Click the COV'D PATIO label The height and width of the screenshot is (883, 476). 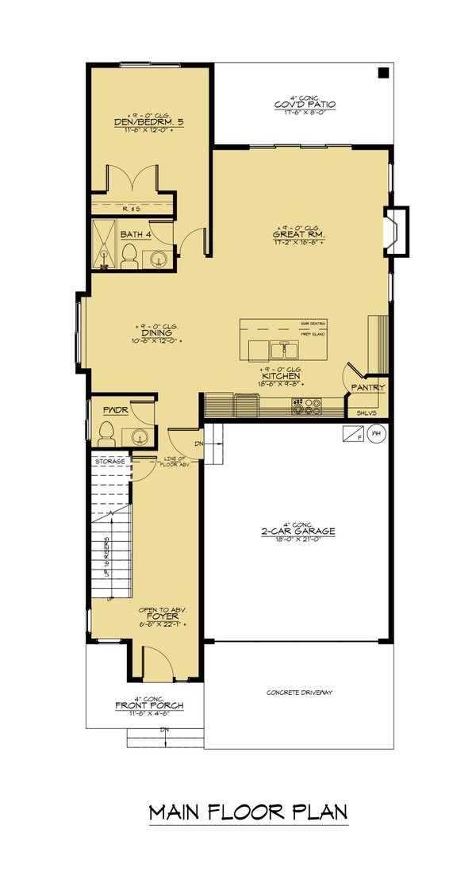point(304,104)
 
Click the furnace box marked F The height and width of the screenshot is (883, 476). point(353,434)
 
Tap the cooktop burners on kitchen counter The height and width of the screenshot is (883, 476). point(306,406)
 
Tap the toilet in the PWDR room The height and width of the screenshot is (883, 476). point(106,434)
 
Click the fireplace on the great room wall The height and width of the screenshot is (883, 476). point(396,230)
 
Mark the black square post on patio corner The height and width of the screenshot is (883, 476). point(383,73)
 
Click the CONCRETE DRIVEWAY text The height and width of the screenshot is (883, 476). point(299,693)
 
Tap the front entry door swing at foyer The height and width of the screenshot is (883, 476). point(155,663)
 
